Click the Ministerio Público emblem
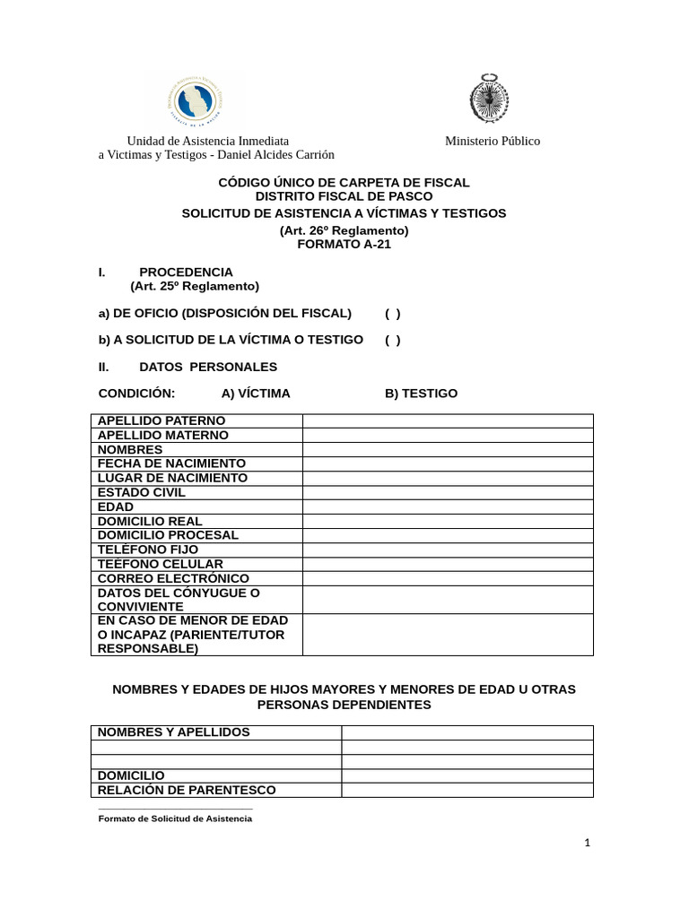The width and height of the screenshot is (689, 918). [x=489, y=99]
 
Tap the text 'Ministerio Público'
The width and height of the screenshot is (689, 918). [x=493, y=141]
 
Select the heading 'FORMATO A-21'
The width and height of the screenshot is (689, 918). [x=344, y=244]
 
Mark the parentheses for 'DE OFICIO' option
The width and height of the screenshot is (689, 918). [x=393, y=313]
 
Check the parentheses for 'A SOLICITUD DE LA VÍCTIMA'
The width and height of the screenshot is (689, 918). [x=393, y=340]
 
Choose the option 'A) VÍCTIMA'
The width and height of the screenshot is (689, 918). [x=256, y=394]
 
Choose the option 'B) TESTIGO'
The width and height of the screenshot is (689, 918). [x=421, y=394]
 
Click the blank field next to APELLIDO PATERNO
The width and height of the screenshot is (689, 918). [x=448, y=420]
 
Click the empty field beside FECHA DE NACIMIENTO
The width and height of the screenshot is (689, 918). [x=448, y=463]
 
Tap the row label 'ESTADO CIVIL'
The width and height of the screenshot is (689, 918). [x=142, y=492]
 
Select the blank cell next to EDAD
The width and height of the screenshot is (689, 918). [x=448, y=507]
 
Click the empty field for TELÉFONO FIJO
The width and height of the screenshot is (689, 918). [x=448, y=550]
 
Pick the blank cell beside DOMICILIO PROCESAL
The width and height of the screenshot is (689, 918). [x=448, y=535]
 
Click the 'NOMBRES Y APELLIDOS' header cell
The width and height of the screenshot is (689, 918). [x=173, y=732]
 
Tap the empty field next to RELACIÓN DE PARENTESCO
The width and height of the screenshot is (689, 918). [x=467, y=790]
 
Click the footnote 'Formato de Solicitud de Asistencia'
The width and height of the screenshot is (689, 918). [x=175, y=818]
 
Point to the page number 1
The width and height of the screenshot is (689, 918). [x=588, y=843]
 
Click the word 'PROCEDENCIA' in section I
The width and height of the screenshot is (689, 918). [x=186, y=272]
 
